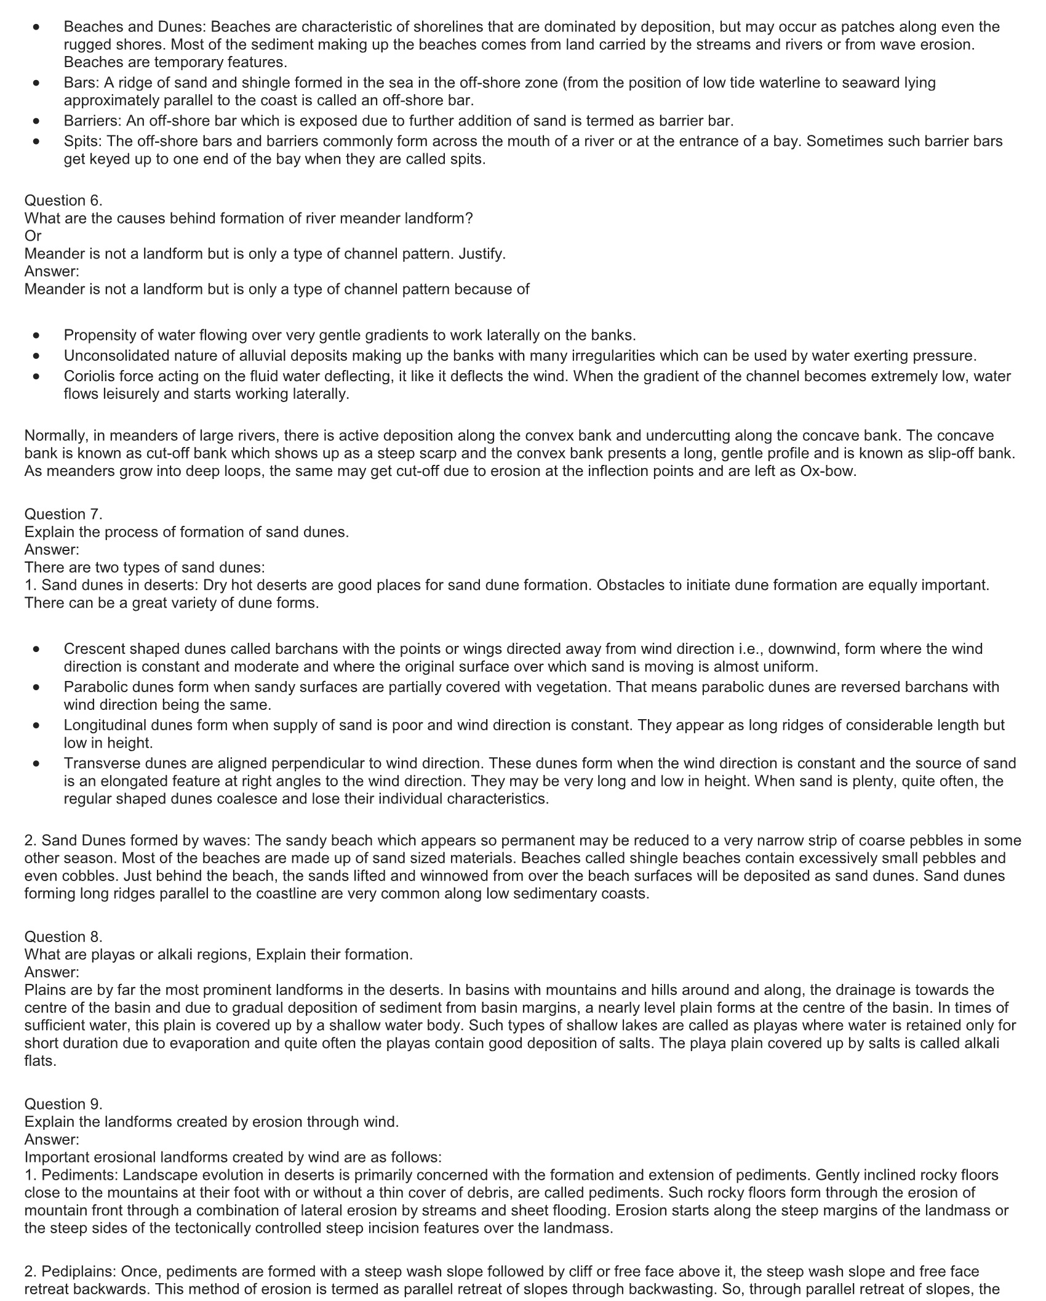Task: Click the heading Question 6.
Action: (63, 201)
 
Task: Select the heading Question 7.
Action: (63, 514)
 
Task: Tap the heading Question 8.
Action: (63, 936)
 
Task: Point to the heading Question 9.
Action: (63, 1104)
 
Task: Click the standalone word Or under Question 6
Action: (33, 236)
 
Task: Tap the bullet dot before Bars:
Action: (37, 83)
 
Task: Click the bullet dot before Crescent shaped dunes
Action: (37, 649)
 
